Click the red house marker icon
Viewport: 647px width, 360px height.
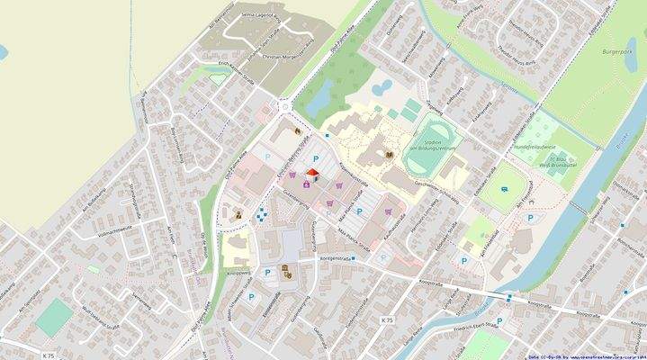310,173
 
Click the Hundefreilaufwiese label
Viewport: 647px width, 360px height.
534,147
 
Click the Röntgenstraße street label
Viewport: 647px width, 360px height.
329,257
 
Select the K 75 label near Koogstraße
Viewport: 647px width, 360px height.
388,320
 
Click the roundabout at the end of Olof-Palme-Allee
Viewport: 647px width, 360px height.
286,105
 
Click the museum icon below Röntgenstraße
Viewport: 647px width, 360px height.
284,270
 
